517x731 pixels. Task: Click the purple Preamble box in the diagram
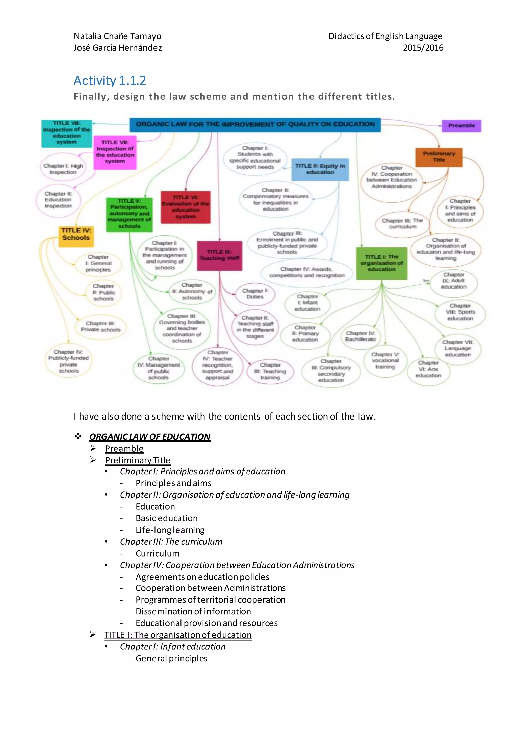(x=461, y=126)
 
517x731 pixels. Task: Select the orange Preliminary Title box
(x=439, y=157)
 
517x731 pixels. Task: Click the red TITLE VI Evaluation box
(x=186, y=207)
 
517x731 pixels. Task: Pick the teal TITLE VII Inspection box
(x=67, y=133)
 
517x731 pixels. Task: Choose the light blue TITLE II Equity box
(x=320, y=169)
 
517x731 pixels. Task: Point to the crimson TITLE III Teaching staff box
(x=219, y=255)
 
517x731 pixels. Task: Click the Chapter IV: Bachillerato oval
(x=360, y=336)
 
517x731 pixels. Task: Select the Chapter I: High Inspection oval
(x=63, y=169)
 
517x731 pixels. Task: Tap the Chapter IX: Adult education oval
(x=454, y=281)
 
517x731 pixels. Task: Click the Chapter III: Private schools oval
(x=101, y=327)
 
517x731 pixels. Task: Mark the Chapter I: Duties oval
(x=255, y=294)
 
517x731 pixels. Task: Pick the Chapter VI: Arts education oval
(x=428, y=369)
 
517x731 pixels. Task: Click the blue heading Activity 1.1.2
(x=110, y=81)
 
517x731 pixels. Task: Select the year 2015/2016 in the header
(x=423, y=48)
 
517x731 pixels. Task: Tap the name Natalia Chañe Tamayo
(x=117, y=36)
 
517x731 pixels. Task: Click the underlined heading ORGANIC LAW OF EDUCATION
(x=150, y=437)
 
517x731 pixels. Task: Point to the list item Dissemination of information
(x=193, y=611)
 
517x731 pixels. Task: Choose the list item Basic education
(x=167, y=518)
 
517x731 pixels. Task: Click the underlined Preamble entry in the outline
(x=124, y=449)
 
